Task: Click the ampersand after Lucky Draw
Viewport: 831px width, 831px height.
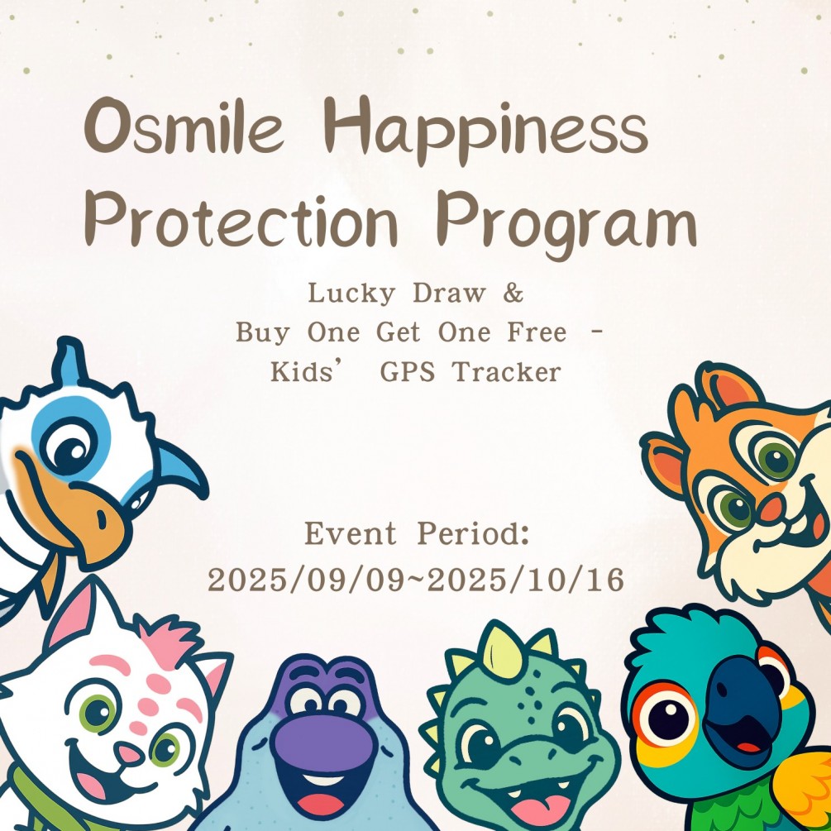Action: pos(514,294)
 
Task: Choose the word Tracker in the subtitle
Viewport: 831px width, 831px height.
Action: pos(506,372)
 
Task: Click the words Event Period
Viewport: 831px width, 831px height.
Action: pos(417,534)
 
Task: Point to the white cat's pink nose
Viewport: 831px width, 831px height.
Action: pos(128,752)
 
